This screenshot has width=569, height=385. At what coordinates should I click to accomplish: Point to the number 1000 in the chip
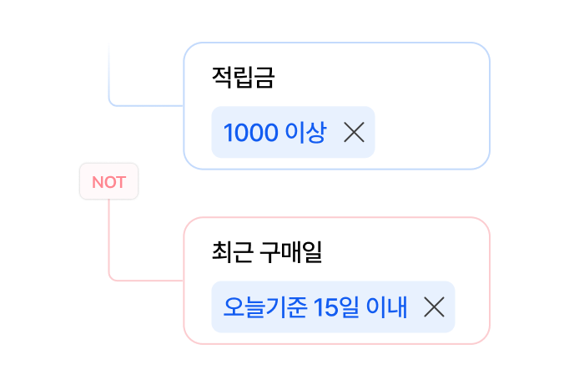point(250,133)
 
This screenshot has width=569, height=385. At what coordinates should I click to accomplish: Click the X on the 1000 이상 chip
point(354,133)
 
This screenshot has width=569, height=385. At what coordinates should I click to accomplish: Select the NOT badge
point(108,182)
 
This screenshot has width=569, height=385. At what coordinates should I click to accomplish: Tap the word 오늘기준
point(265,307)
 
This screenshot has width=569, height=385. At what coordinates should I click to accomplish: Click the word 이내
point(388,307)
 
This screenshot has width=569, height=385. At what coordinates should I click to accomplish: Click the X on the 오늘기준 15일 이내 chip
point(433,307)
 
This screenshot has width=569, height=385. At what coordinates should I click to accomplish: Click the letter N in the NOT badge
point(97,182)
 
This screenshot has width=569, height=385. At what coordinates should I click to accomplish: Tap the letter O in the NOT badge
point(108,182)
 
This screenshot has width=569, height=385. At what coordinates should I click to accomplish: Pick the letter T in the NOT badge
point(120,182)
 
